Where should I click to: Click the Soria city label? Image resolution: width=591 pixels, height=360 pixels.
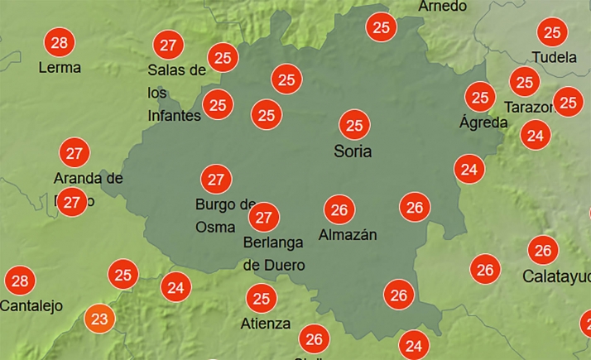353,151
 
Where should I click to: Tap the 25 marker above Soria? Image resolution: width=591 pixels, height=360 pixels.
355,126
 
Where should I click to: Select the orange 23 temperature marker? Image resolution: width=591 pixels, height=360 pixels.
99,319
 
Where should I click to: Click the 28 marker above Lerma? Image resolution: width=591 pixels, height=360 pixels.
59,42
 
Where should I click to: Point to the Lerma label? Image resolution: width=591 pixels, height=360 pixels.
60,68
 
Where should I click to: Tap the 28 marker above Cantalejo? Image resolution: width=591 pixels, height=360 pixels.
20,281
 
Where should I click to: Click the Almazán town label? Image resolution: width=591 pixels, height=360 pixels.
348,235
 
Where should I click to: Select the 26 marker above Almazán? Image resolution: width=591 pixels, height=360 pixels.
338,209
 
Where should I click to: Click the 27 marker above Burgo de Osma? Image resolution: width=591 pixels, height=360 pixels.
217,179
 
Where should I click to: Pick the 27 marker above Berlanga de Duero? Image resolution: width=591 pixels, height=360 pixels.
264,218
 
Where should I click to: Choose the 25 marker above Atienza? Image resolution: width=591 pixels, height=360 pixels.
262,298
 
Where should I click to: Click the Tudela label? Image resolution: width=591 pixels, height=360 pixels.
552,58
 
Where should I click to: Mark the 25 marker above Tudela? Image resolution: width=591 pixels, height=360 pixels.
552,32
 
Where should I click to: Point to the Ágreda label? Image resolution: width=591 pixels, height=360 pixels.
483,122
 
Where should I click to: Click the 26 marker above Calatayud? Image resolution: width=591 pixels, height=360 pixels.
543,250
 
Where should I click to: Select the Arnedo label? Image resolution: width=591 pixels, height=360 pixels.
443,7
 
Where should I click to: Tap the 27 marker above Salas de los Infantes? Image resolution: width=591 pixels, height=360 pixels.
169,45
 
